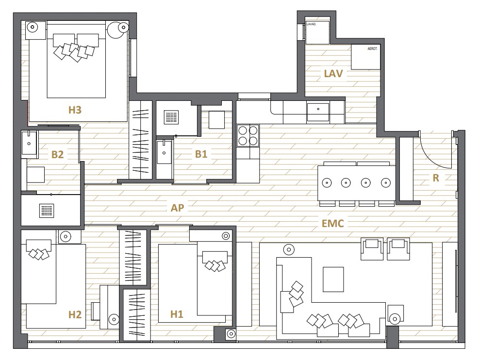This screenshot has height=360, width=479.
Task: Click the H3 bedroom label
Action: pyautogui.click(x=75, y=110)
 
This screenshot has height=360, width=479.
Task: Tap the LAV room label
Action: pyautogui.click(x=333, y=74)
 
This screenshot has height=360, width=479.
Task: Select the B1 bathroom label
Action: pyautogui.click(x=201, y=154)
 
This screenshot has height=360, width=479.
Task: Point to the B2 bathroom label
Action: pyautogui.click(x=57, y=154)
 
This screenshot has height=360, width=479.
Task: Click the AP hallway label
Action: pyautogui.click(x=178, y=208)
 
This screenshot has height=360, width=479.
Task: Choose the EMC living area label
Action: pyautogui.click(x=332, y=224)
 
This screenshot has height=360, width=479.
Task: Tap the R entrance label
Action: pyautogui.click(x=436, y=178)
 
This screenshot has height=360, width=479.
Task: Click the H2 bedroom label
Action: pyautogui.click(x=75, y=314)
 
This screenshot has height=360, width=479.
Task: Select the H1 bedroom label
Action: pyautogui.click(x=177, y=314)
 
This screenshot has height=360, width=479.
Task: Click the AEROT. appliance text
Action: pyautogui.click(x=372, y=49)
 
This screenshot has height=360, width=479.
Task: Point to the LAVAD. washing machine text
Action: pyautogui.click(x=311, y=24)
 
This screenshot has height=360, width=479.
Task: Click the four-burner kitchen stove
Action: pyautogui.click(x=248, y=135)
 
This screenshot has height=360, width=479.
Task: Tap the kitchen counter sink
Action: pyautogui.click(x=318, y=109)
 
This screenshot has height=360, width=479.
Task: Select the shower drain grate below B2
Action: pyautogui.click(x=47, y=211)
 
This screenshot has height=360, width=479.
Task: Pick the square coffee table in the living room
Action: pyautogui.click(x=333, y=279)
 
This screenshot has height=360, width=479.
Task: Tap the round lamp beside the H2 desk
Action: pyautogui.click(x=114, y=319)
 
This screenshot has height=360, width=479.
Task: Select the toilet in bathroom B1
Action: pyautogui.click(x=216, y=119)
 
